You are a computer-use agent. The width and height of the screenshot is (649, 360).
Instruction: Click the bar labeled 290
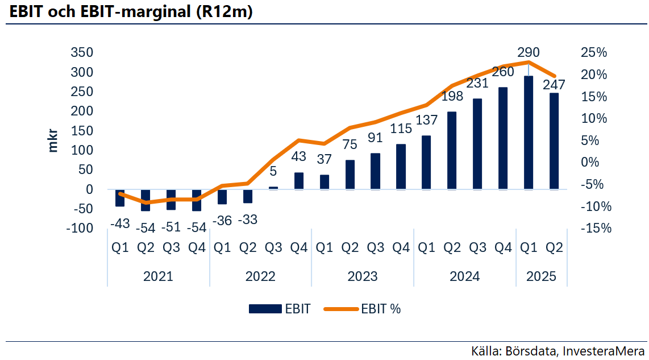pos(529,133)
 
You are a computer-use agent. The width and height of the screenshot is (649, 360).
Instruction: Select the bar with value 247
pos(554,141)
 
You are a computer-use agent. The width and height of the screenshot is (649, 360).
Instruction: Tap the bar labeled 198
pos(452,151)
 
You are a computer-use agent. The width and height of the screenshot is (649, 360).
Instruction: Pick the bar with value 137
pos(426,163)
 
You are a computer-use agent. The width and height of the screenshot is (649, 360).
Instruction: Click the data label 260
pos(503,72)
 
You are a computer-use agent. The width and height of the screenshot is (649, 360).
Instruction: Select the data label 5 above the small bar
pos(273,171)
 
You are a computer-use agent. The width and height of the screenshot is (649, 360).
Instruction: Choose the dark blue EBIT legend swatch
pos(265,309)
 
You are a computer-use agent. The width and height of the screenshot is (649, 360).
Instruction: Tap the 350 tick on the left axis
pos(81,53)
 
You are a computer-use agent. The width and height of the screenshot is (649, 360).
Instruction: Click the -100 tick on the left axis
pos(78,228)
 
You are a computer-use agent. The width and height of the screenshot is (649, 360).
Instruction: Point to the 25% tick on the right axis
pos(594,53)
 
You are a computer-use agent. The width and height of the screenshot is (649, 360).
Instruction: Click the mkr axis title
pos(53,140)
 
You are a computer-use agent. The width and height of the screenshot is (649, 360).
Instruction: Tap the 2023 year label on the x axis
pos(363,277)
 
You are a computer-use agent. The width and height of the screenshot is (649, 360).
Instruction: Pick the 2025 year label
pos(541,277)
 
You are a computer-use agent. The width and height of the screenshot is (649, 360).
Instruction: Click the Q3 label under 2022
pos(273,247)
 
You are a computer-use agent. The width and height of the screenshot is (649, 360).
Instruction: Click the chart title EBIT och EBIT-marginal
pos(131,12)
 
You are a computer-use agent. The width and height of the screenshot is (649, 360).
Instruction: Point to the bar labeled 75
pos(350,175)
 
